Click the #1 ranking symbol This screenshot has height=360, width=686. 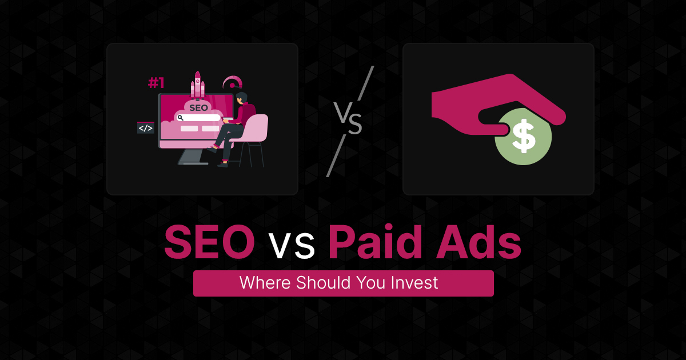point(156,83)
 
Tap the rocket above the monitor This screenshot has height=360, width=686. point(198,85)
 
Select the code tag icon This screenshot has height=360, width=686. point(146,128)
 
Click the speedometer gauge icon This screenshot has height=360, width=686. point(232,82)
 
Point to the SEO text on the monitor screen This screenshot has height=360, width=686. point(199,107)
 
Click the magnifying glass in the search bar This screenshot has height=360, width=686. point(180,118)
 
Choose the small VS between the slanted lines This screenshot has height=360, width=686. point(348,119)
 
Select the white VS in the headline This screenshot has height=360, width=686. point(291,247)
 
